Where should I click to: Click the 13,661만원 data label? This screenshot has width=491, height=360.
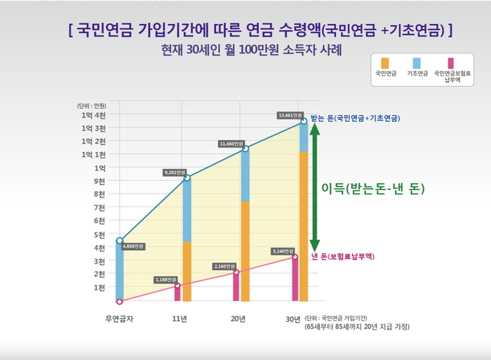(290, 115)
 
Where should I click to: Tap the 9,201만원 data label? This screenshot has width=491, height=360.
(175, 172)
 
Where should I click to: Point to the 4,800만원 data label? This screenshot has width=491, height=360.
(133, 246)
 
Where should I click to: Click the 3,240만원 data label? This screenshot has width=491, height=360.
(283, 251)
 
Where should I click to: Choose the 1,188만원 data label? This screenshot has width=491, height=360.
(167, 280)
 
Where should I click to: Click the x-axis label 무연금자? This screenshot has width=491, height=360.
(120, 319)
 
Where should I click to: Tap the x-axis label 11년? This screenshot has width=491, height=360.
(179, 319)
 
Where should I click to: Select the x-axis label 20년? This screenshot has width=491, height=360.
(238, 319)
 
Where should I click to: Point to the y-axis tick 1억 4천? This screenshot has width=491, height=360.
(93, 115)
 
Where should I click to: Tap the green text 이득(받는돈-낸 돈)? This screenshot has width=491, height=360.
(373, 189)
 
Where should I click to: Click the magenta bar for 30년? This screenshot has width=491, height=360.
(295, 279)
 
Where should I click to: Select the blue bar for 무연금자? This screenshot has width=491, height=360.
(120, 271)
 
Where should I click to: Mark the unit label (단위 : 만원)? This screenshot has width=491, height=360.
(91, 105)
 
